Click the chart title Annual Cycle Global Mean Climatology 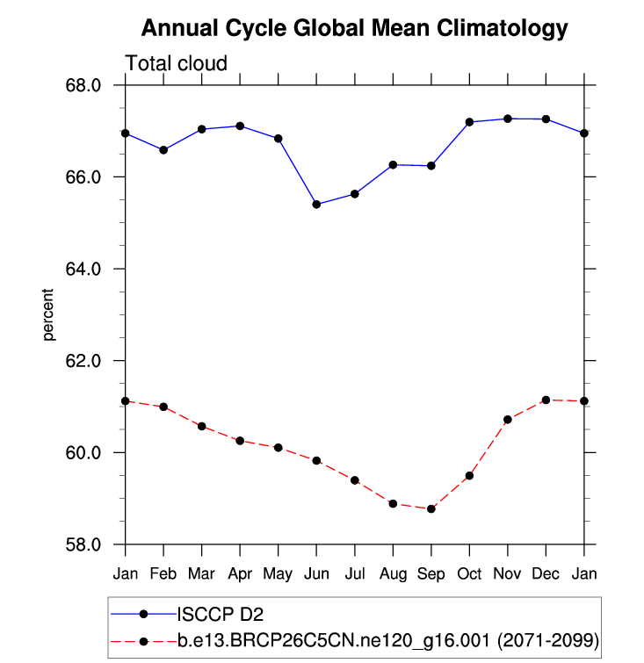[354, 28]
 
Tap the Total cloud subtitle [177, 63]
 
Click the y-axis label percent [49, 314]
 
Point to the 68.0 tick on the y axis [85, 85]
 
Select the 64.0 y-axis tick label [85, 269]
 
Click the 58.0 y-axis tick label [85, 544]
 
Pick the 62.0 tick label [85, 361]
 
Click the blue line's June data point [316, 205]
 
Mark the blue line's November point [508, 119]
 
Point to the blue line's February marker [163, 150]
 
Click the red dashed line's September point [431, 509]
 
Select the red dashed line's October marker [470, 476]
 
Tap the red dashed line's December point [546, 400]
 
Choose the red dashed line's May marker [279, 448]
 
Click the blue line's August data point [394, 165]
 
